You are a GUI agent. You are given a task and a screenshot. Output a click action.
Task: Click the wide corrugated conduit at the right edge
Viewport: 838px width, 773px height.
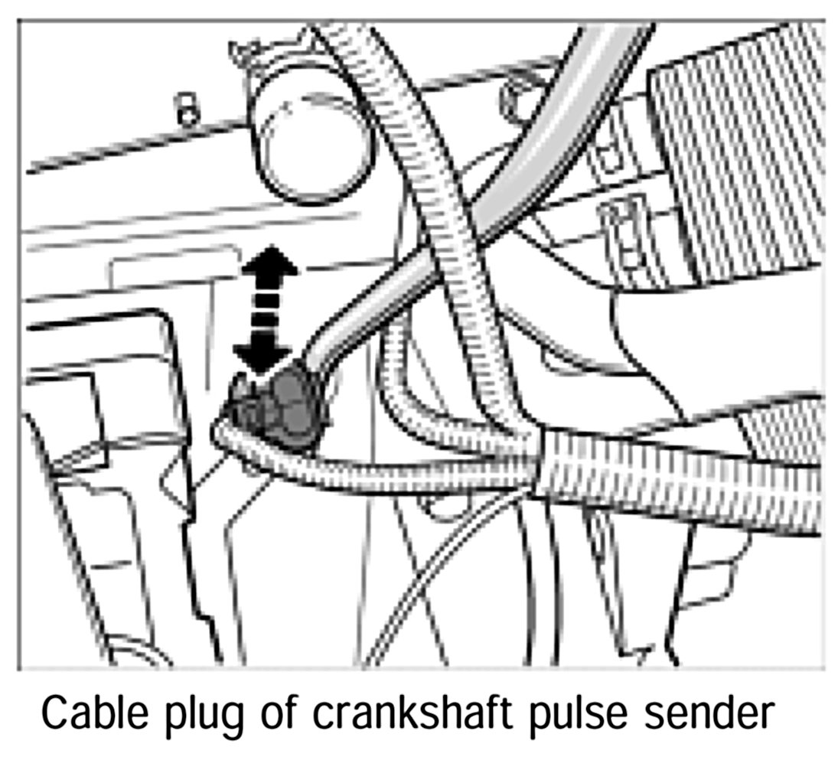(689, 478)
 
